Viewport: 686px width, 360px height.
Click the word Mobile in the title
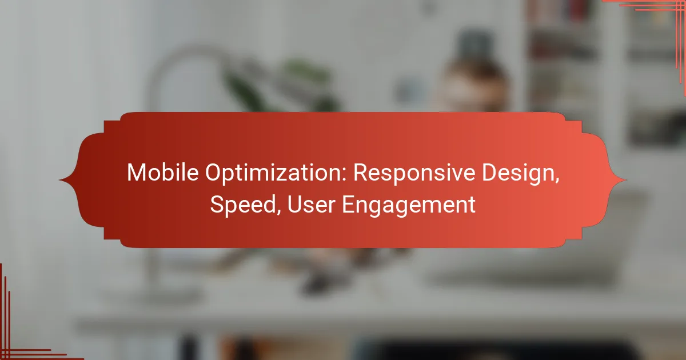click(x=162, y=173)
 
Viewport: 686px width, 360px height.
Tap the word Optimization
click(x=276, y=173)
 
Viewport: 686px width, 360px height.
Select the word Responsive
click(x=414, y=173)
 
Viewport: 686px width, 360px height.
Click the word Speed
click(x=243, y=205)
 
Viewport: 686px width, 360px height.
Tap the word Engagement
click(x=409, y=205)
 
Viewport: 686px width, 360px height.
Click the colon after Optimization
click(x=345, y=175)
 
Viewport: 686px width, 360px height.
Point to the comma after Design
click(x=556, y=181)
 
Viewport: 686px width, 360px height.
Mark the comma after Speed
click(x=279, y=213)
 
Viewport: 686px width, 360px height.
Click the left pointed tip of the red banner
click(x=59, y=180)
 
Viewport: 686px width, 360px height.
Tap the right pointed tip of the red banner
click(x=626, y=180)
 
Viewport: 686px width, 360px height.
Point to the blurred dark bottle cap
click(x=474, y=46)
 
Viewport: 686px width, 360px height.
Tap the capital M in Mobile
click(x=136, y=173)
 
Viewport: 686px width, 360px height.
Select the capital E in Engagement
click(x=348, y=204)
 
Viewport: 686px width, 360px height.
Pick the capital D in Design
click(x=489, y=173)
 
